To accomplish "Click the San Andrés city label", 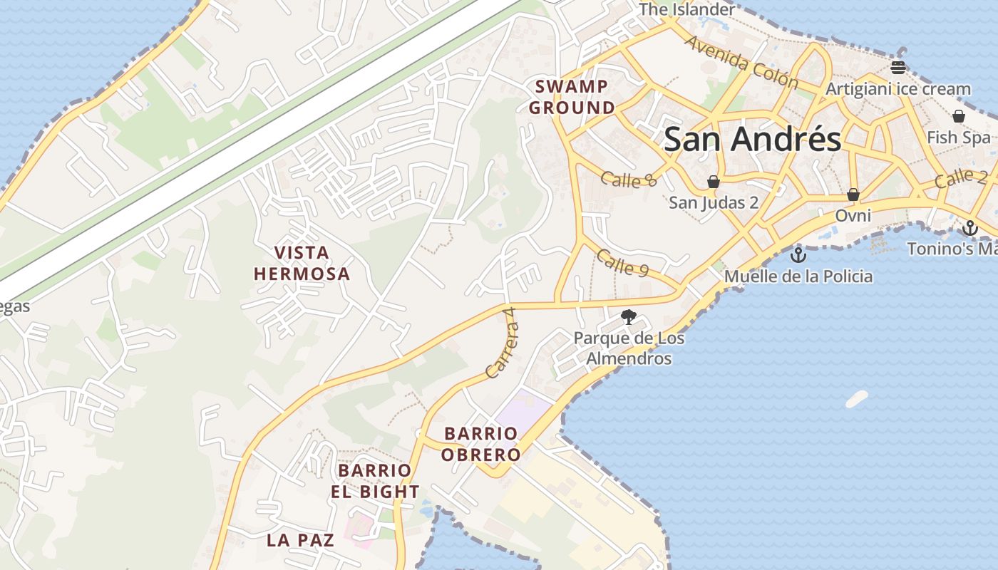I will [x=752, y=139].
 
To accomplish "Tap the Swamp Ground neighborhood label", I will [x=572, y=98].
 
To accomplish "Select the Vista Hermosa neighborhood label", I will [x=302, y=263].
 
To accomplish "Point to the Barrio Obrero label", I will [x=480, y=444].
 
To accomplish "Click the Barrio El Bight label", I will [x=374, y=481].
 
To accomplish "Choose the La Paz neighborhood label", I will [x=300, y=540].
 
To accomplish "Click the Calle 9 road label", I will [x=622, y=264].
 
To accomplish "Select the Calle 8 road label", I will [x=629, y=179].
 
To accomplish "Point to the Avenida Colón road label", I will [x=741, y=63].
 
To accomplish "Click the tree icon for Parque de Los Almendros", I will [x=628, y=317].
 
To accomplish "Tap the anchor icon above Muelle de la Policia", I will [x=798, y=254].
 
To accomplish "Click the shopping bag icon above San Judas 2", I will [x=714, y=182].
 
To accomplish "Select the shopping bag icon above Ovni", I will [x=853, y=195].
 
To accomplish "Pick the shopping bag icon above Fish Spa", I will [x=959, y=116].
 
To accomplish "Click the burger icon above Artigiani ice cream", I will [x=897, y=68].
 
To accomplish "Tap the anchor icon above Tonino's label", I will [x=969, y=228].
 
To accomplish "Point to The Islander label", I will [x=686, y=9].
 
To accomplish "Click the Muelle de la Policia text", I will [x=798, y=276].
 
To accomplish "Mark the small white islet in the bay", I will [x=857, y=398].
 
